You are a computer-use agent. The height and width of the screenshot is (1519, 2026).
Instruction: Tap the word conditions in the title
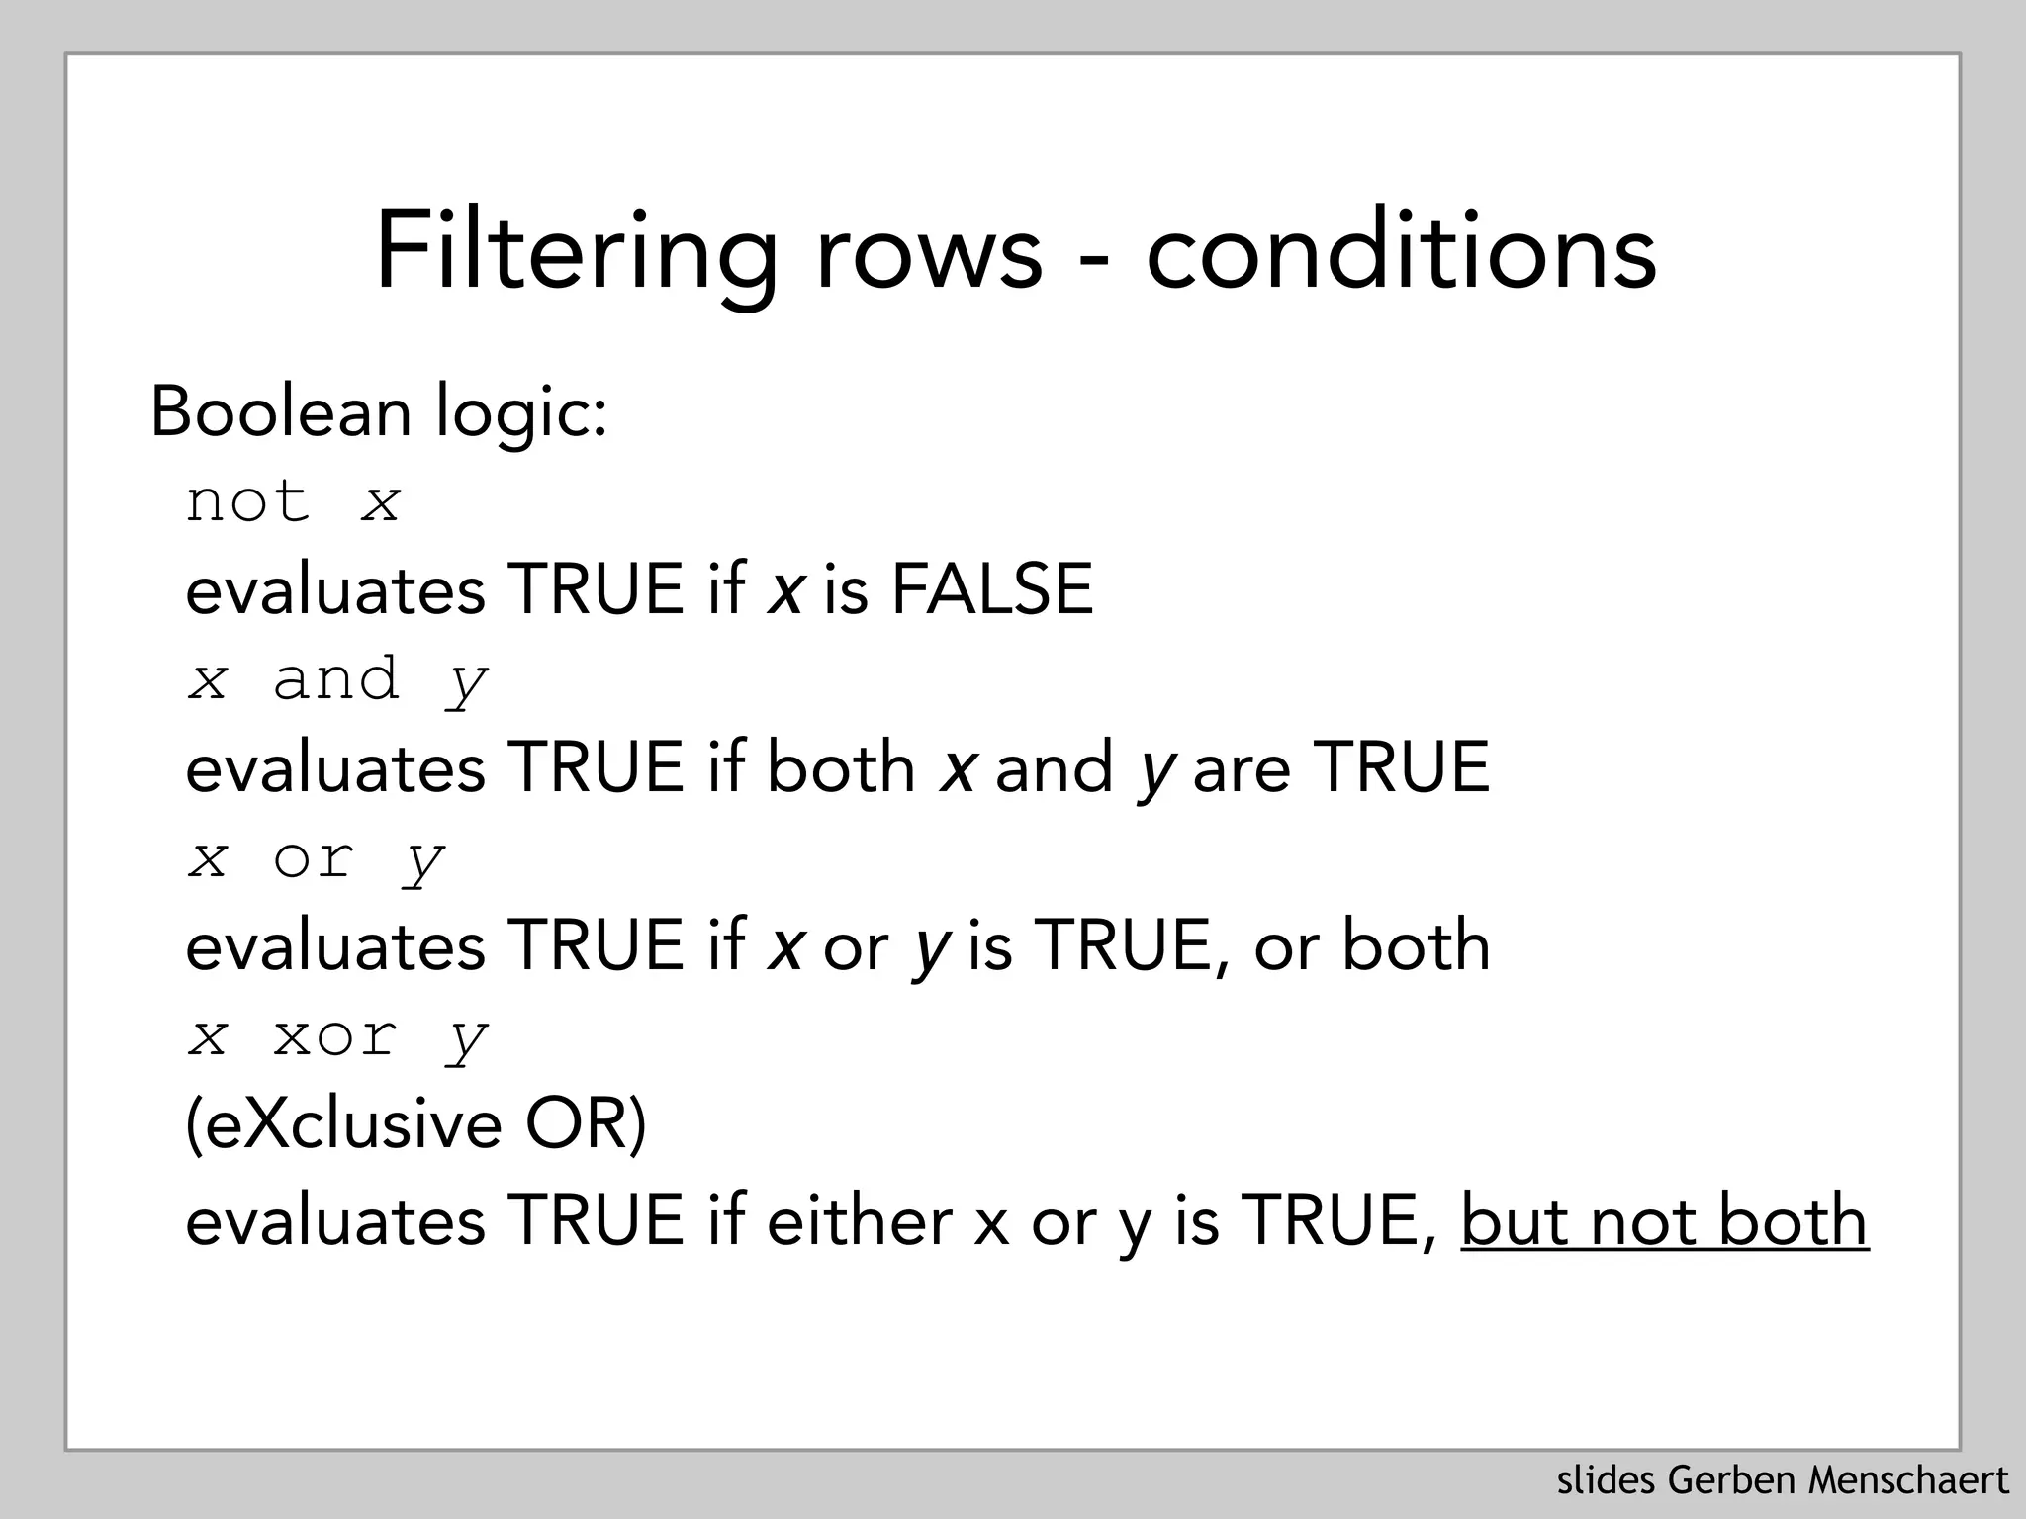point(1401,252)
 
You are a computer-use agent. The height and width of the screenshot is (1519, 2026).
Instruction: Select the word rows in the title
point(928,252)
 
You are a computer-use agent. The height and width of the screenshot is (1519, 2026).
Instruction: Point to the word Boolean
point(280,411)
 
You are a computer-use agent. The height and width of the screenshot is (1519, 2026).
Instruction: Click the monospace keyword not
point(247,501)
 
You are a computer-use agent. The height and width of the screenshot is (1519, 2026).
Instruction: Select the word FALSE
point(992,589)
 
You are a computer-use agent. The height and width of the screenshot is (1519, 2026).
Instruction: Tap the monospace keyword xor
point(335,1036)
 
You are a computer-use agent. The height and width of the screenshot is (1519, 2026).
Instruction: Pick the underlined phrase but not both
point(1664,1220)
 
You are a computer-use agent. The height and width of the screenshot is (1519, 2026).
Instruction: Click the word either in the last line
point(859,1220)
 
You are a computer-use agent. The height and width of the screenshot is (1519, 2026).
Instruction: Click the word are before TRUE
point(1242,768)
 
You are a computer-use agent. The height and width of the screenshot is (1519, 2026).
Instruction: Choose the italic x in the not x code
point(381,502)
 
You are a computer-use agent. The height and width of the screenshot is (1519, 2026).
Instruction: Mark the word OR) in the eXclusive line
point(586,1124)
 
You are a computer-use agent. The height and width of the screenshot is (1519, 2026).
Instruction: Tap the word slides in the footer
point(1608,1481)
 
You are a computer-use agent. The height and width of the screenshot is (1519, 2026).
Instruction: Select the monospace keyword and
point(335,679)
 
